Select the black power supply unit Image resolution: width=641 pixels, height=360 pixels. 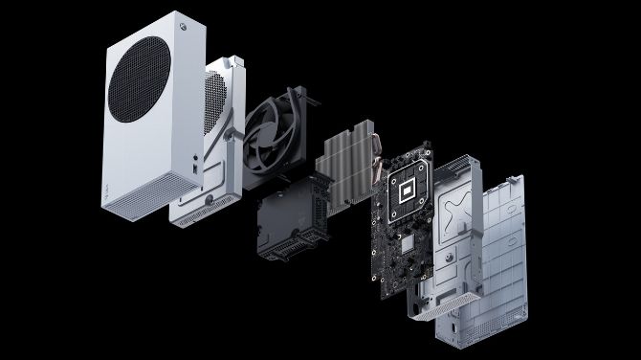(292, 215)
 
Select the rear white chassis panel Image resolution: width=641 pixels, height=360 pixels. (507, 259)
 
